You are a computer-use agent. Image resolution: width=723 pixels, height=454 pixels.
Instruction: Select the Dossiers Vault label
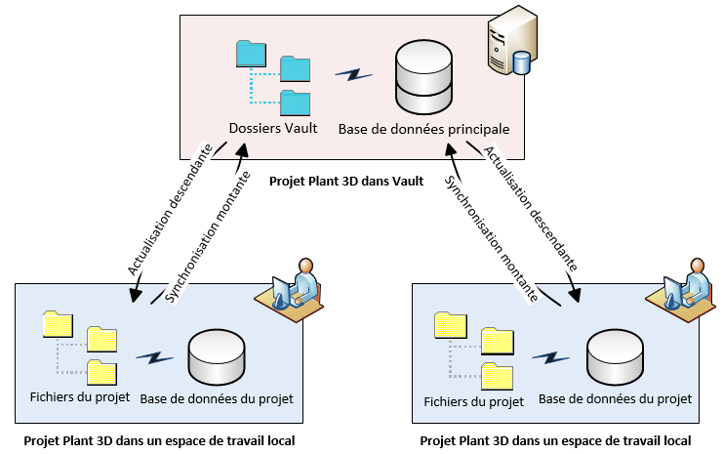(x=273, y=128)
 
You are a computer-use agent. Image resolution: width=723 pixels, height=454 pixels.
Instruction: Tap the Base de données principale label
(x=424, y=128)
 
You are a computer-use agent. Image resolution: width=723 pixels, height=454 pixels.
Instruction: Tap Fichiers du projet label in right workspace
(x=473, y=401)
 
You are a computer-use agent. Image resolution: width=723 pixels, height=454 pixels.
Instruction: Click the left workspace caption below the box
(x=159, y=440)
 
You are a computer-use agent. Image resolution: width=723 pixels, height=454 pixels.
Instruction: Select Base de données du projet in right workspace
(x=615, y=399)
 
